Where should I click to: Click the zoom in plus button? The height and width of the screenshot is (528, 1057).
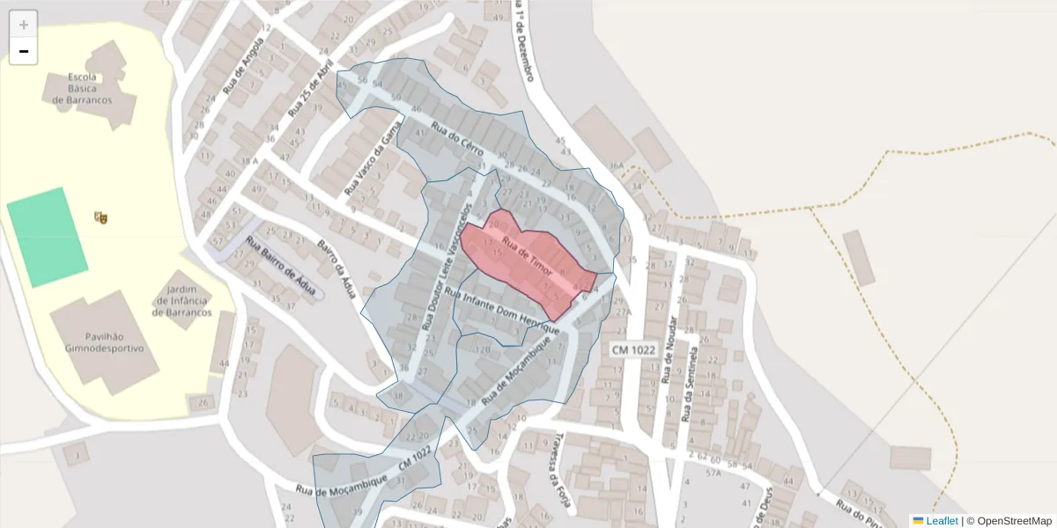pos(24,25)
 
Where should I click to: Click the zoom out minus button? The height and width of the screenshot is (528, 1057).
pos(24,52)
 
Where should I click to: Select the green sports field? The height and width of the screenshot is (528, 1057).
pos(47,237)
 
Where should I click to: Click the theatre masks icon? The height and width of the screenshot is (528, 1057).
pos(100,216)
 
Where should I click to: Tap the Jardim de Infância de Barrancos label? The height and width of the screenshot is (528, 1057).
pos(183,301)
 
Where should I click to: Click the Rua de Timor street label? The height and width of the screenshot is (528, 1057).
pos(526,256)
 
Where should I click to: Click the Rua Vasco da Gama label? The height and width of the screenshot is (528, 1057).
pos(367,158)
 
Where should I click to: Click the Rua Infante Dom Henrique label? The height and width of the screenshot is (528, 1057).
pos(502,311)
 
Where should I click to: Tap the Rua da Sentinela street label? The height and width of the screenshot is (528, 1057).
pos(691,384)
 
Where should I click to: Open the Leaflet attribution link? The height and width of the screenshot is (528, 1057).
pos(942,521)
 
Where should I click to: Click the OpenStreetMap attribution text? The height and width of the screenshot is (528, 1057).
pos(1009,521)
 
